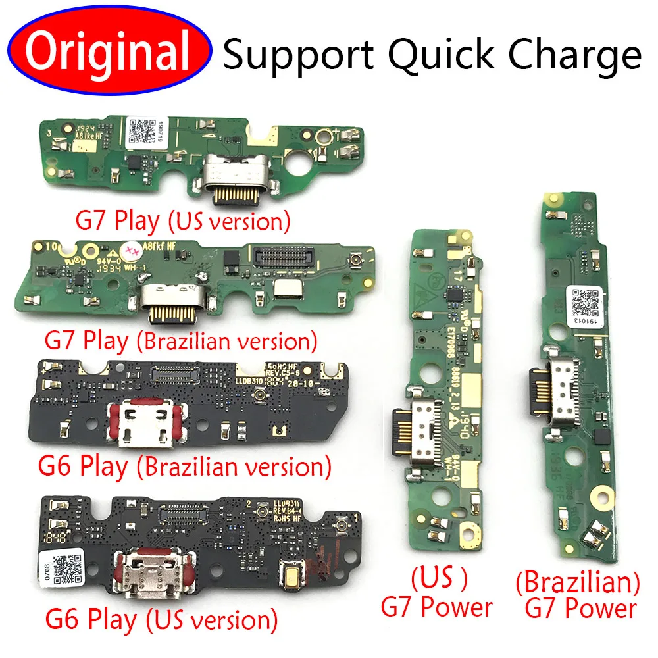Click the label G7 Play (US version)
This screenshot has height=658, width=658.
coord(182,220)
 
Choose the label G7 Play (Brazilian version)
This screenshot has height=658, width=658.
coord(181,342)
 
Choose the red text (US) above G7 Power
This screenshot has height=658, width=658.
coord(440,579)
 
